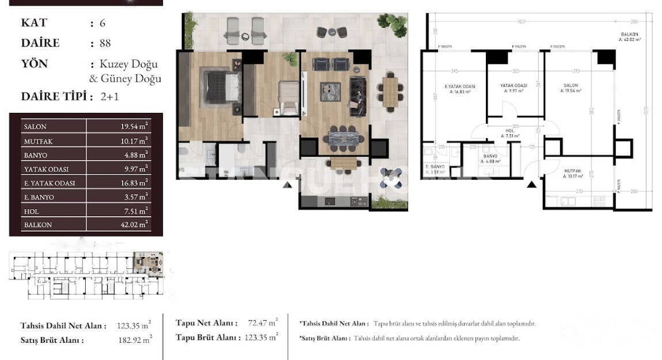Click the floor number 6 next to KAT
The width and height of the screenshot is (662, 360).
tap(102, 23)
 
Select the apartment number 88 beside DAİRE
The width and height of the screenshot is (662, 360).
tap(104, 43)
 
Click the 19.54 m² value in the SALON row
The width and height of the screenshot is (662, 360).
tap(131, 126)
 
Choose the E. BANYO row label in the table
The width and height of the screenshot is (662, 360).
tap(39, 197)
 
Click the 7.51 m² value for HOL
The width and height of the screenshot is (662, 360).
tap(133, 211)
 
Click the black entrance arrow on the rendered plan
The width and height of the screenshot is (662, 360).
tap(287, 185)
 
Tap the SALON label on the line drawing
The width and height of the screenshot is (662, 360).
tap(570, 87)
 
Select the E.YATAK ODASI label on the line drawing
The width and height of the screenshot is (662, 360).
tap(454, 87)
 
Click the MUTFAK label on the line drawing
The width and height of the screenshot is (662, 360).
tap(572, 171)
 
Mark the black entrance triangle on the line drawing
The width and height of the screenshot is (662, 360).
tap(532, 184)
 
